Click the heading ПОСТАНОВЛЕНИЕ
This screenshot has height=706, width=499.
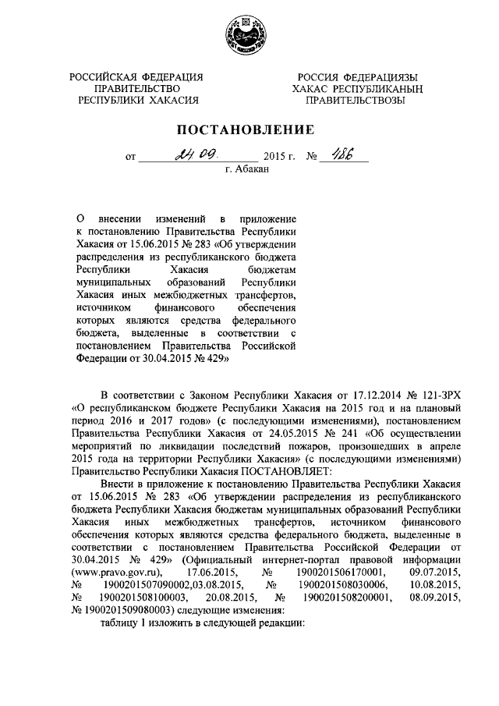point(249,129)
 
